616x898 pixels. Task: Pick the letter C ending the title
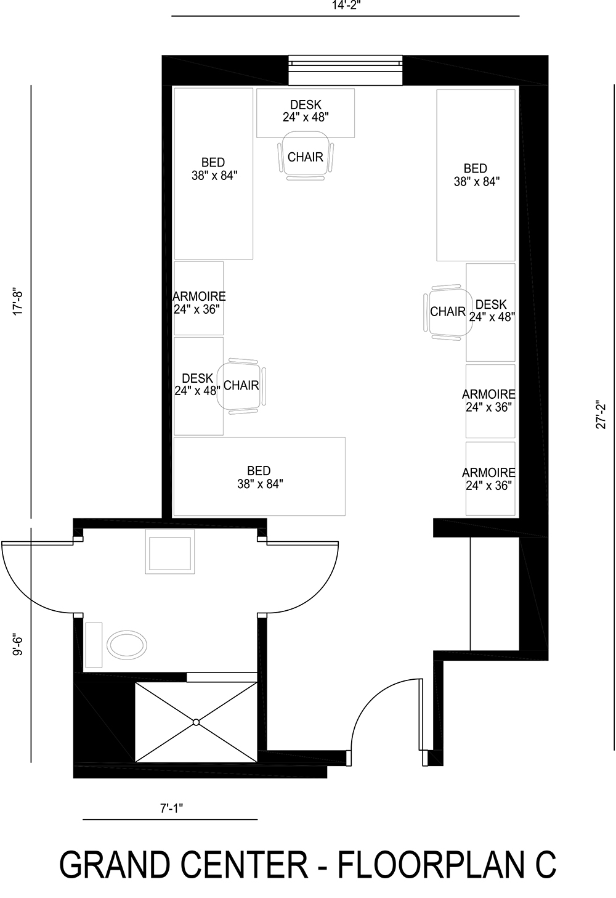click(x=545, y=864)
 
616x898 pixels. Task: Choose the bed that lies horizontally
click(x=259, y=476)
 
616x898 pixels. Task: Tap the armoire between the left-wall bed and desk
click(x=198, y=299)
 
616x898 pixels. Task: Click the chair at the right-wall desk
click(x=445, y=312)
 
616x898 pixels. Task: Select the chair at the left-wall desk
click(x=243, y=386)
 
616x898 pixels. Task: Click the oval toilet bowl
click(x=127, y=645)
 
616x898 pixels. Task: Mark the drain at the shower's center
click(x=196, y=722)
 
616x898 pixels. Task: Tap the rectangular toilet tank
click(x=94, y=645)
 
